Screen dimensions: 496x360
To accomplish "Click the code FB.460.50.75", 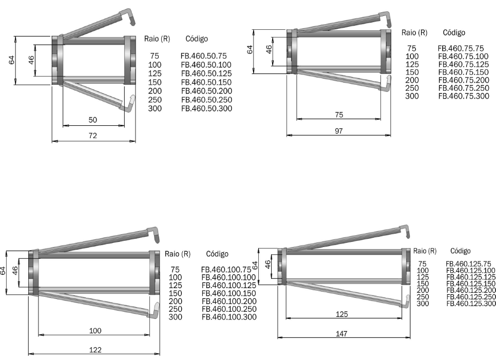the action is click(x=204, y=56).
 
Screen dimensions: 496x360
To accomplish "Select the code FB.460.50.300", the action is click(x=206, y=108).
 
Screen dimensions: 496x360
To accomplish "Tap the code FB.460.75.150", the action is click(x=464, y=72).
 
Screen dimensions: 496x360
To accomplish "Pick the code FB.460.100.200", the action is click(x=229, y=301).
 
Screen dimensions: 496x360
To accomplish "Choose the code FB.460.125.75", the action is click(x=468, y=264).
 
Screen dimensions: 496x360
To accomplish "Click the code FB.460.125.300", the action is click(x=471, y=304).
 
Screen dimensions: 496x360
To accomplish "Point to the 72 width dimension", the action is click(x=92, y=136).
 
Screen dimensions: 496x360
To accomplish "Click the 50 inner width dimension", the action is click(x=92, y=120).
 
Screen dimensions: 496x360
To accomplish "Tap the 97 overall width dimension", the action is click(x=338, y=131).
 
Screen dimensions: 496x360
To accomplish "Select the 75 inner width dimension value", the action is click(x=339, y=115).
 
